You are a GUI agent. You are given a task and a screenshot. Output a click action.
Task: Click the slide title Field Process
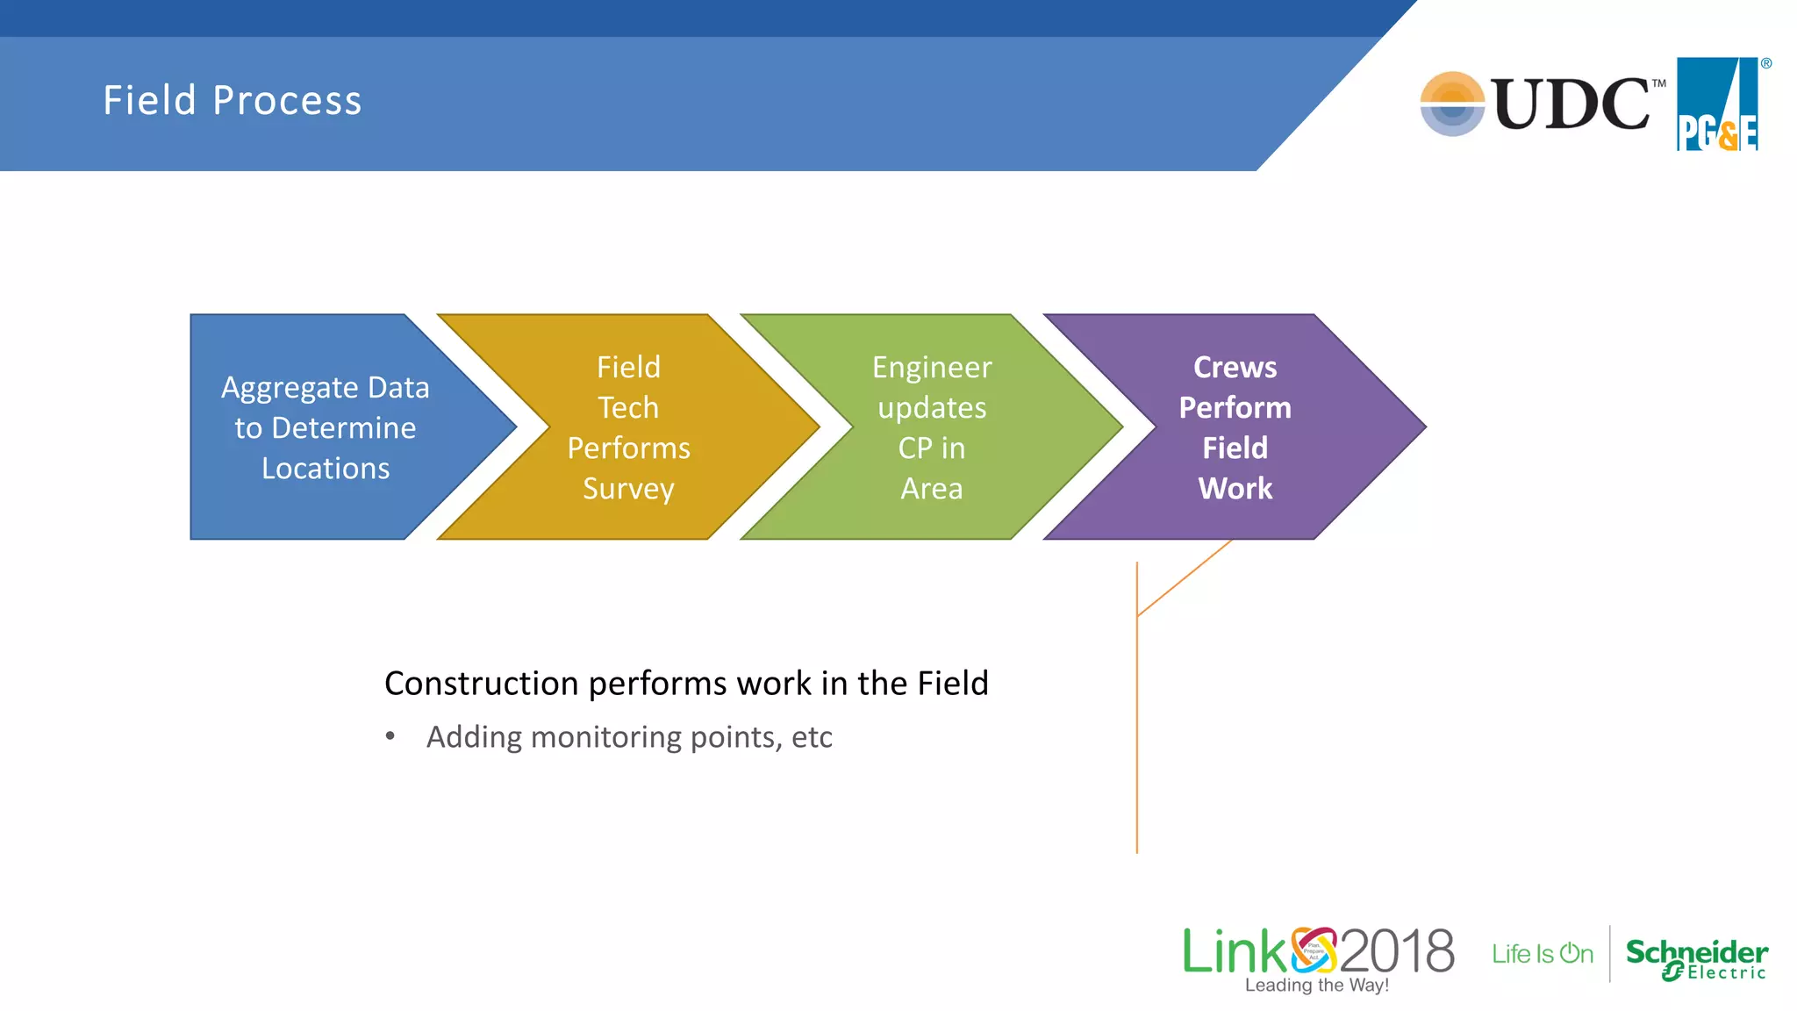(233, 100)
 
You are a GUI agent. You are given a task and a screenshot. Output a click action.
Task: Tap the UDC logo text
(1571, 104)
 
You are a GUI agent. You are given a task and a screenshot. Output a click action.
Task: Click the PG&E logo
(1718, 104)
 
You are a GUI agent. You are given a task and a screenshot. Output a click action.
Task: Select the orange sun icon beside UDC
(1452, 104)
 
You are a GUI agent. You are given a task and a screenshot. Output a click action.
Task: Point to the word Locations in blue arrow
(326, 469)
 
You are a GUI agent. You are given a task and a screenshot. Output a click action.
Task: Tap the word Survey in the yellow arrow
(628, 489)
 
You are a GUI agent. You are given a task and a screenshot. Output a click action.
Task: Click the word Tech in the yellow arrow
(628, 408)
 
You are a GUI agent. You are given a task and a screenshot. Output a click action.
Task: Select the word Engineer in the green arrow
(932, 368)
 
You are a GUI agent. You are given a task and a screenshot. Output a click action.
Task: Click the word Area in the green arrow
(932, 489)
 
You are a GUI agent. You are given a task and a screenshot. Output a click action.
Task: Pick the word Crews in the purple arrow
(1235, 368)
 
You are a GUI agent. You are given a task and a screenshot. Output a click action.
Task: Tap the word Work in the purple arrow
(1235, 489)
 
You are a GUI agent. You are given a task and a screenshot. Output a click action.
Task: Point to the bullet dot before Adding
(390, 736)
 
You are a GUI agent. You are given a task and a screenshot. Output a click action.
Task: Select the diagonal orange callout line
(1185, 578)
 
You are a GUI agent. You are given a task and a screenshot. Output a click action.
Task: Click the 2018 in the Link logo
(1397, 951)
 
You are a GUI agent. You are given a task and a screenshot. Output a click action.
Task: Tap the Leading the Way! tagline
(1316, 986)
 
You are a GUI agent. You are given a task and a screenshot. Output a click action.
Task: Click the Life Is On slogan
(1542, 954)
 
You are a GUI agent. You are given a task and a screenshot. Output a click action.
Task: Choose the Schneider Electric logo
(1696, 958)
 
